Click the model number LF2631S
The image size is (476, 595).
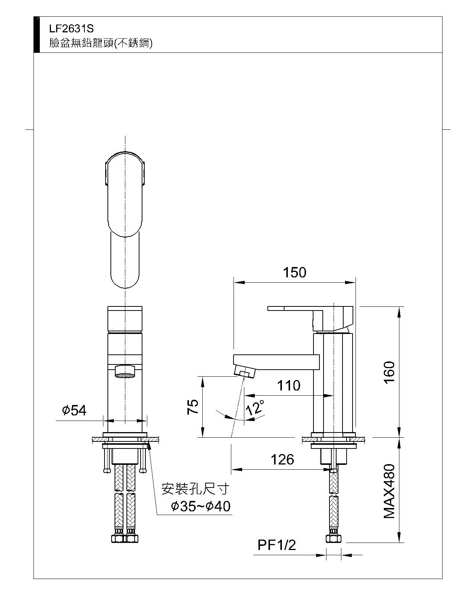pyautogui.click(x=71, y=29)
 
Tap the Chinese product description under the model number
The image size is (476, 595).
pyautogui.click(x=101, y=43)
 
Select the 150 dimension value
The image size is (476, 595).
pyautogui.click(x=295, y=272)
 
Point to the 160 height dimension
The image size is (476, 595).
pyautogui.click(x=389, y=372)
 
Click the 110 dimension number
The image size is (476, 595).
pyautogui.click(x=289, y=385)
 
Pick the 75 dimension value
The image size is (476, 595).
pyautogui.click(x=193, y=406)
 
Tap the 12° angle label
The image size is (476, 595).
pyautogui.click(x=255, y=407)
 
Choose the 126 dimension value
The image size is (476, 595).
pyautogui.click(x=282, y=460)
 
